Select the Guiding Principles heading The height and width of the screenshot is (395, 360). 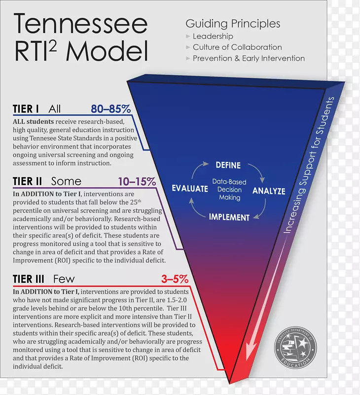click(233, 24)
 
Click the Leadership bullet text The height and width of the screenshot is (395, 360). click(213, 36)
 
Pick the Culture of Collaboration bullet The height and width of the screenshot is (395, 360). click(237, 47)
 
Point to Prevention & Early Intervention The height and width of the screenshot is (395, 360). click(249, 58)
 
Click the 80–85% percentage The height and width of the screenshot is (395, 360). click(110, 109)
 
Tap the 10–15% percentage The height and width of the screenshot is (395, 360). click(137, 181)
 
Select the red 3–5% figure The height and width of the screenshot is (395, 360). click(175, 279)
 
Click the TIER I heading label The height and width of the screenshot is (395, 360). click(26, 109)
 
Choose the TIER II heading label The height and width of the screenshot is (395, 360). click(28, 181)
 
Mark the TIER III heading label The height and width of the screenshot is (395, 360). click(29, 279)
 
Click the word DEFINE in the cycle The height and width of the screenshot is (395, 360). click(228, 165)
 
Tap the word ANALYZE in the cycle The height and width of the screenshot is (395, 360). click(269, 191)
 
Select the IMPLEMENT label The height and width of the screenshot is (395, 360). click(229, 217)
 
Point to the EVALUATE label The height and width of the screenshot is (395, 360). click(190, 189)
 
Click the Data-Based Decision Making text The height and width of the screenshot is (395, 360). click(229, 190)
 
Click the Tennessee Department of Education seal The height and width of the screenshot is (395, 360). click(295, 348)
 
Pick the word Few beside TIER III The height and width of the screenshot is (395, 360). click(64, 279)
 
